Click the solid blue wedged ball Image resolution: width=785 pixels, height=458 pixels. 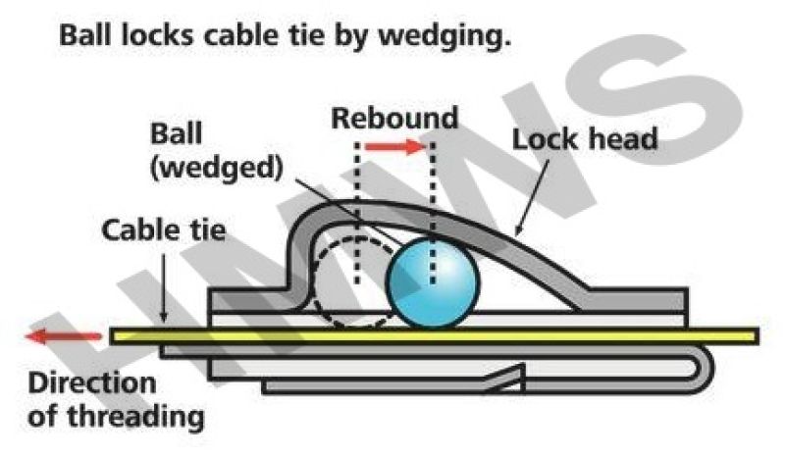(433, 283)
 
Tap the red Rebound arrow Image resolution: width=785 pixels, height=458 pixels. (395, 147)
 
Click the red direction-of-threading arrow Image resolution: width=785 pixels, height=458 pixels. (63, 335)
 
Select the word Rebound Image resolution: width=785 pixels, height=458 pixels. (394, 119)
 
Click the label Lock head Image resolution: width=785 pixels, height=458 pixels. (584, 139)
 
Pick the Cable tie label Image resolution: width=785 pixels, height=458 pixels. (163, 230)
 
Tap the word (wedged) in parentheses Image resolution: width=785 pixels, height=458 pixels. (216, 168)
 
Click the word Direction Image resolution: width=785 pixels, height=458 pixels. (92, 383)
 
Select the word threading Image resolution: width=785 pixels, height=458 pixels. (135, 417)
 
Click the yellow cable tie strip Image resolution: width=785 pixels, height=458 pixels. (434, 335)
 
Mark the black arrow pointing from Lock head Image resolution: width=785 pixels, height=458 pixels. (532, 197)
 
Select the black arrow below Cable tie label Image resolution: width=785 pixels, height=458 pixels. (163, 287)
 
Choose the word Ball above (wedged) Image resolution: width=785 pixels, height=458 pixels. (177, 134)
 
